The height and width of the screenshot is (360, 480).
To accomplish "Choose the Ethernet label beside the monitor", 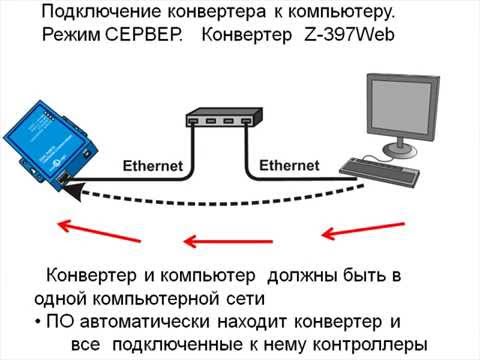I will (290, 164).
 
